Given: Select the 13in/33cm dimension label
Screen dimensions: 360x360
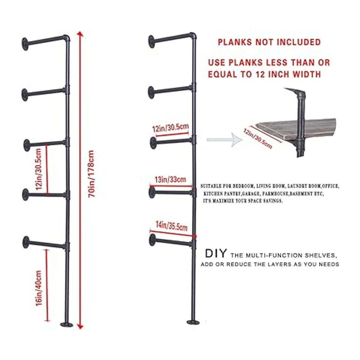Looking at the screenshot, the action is click(170, 179).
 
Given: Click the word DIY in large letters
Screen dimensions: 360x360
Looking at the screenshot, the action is click(216, 254).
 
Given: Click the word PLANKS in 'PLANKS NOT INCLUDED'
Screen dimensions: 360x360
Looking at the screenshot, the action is click(235, 42).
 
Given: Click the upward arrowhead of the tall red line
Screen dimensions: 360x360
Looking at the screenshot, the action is click(80, 34).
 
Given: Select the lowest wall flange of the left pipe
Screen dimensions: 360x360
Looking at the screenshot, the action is click(26, 242).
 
